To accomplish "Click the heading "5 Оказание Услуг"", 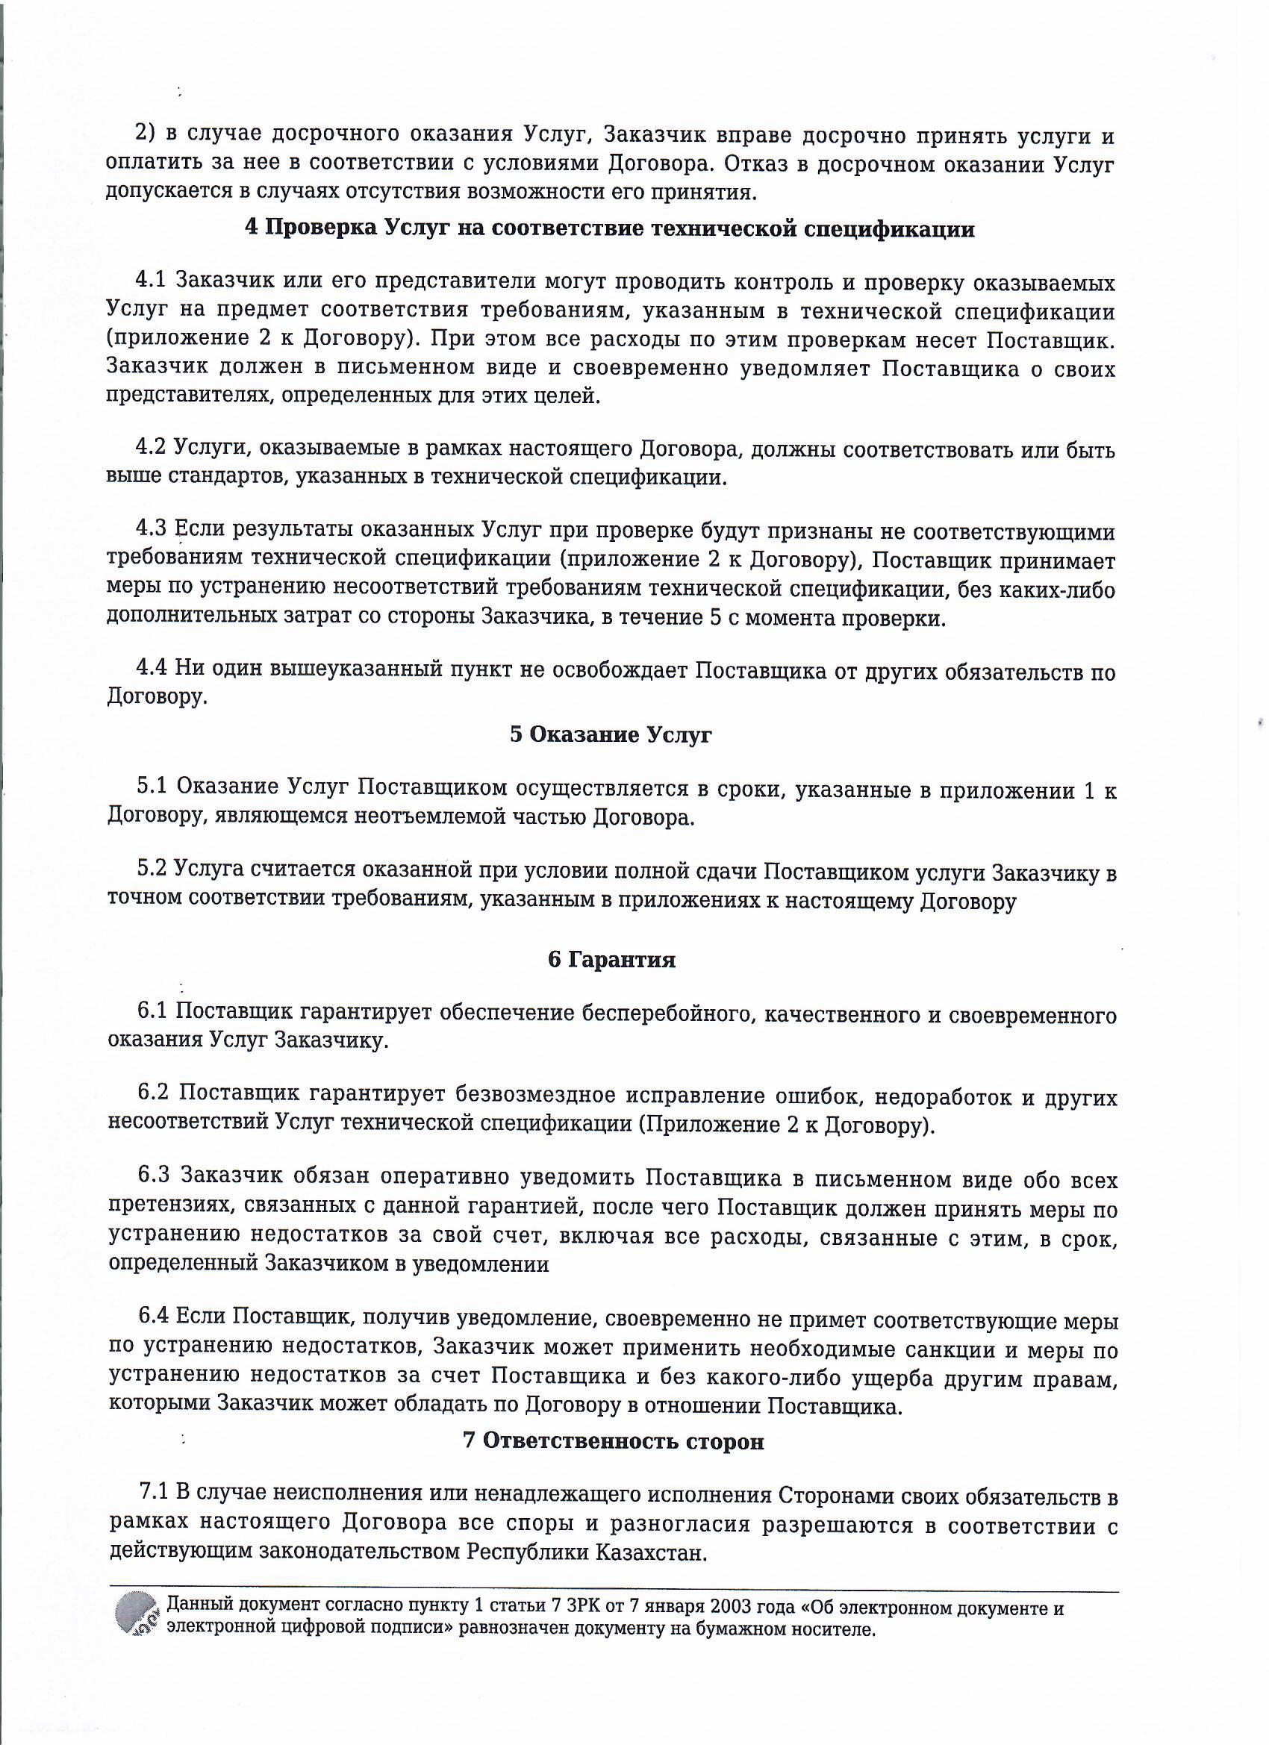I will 611,734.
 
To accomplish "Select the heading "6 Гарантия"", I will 612,961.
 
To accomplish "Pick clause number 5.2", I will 152,870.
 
